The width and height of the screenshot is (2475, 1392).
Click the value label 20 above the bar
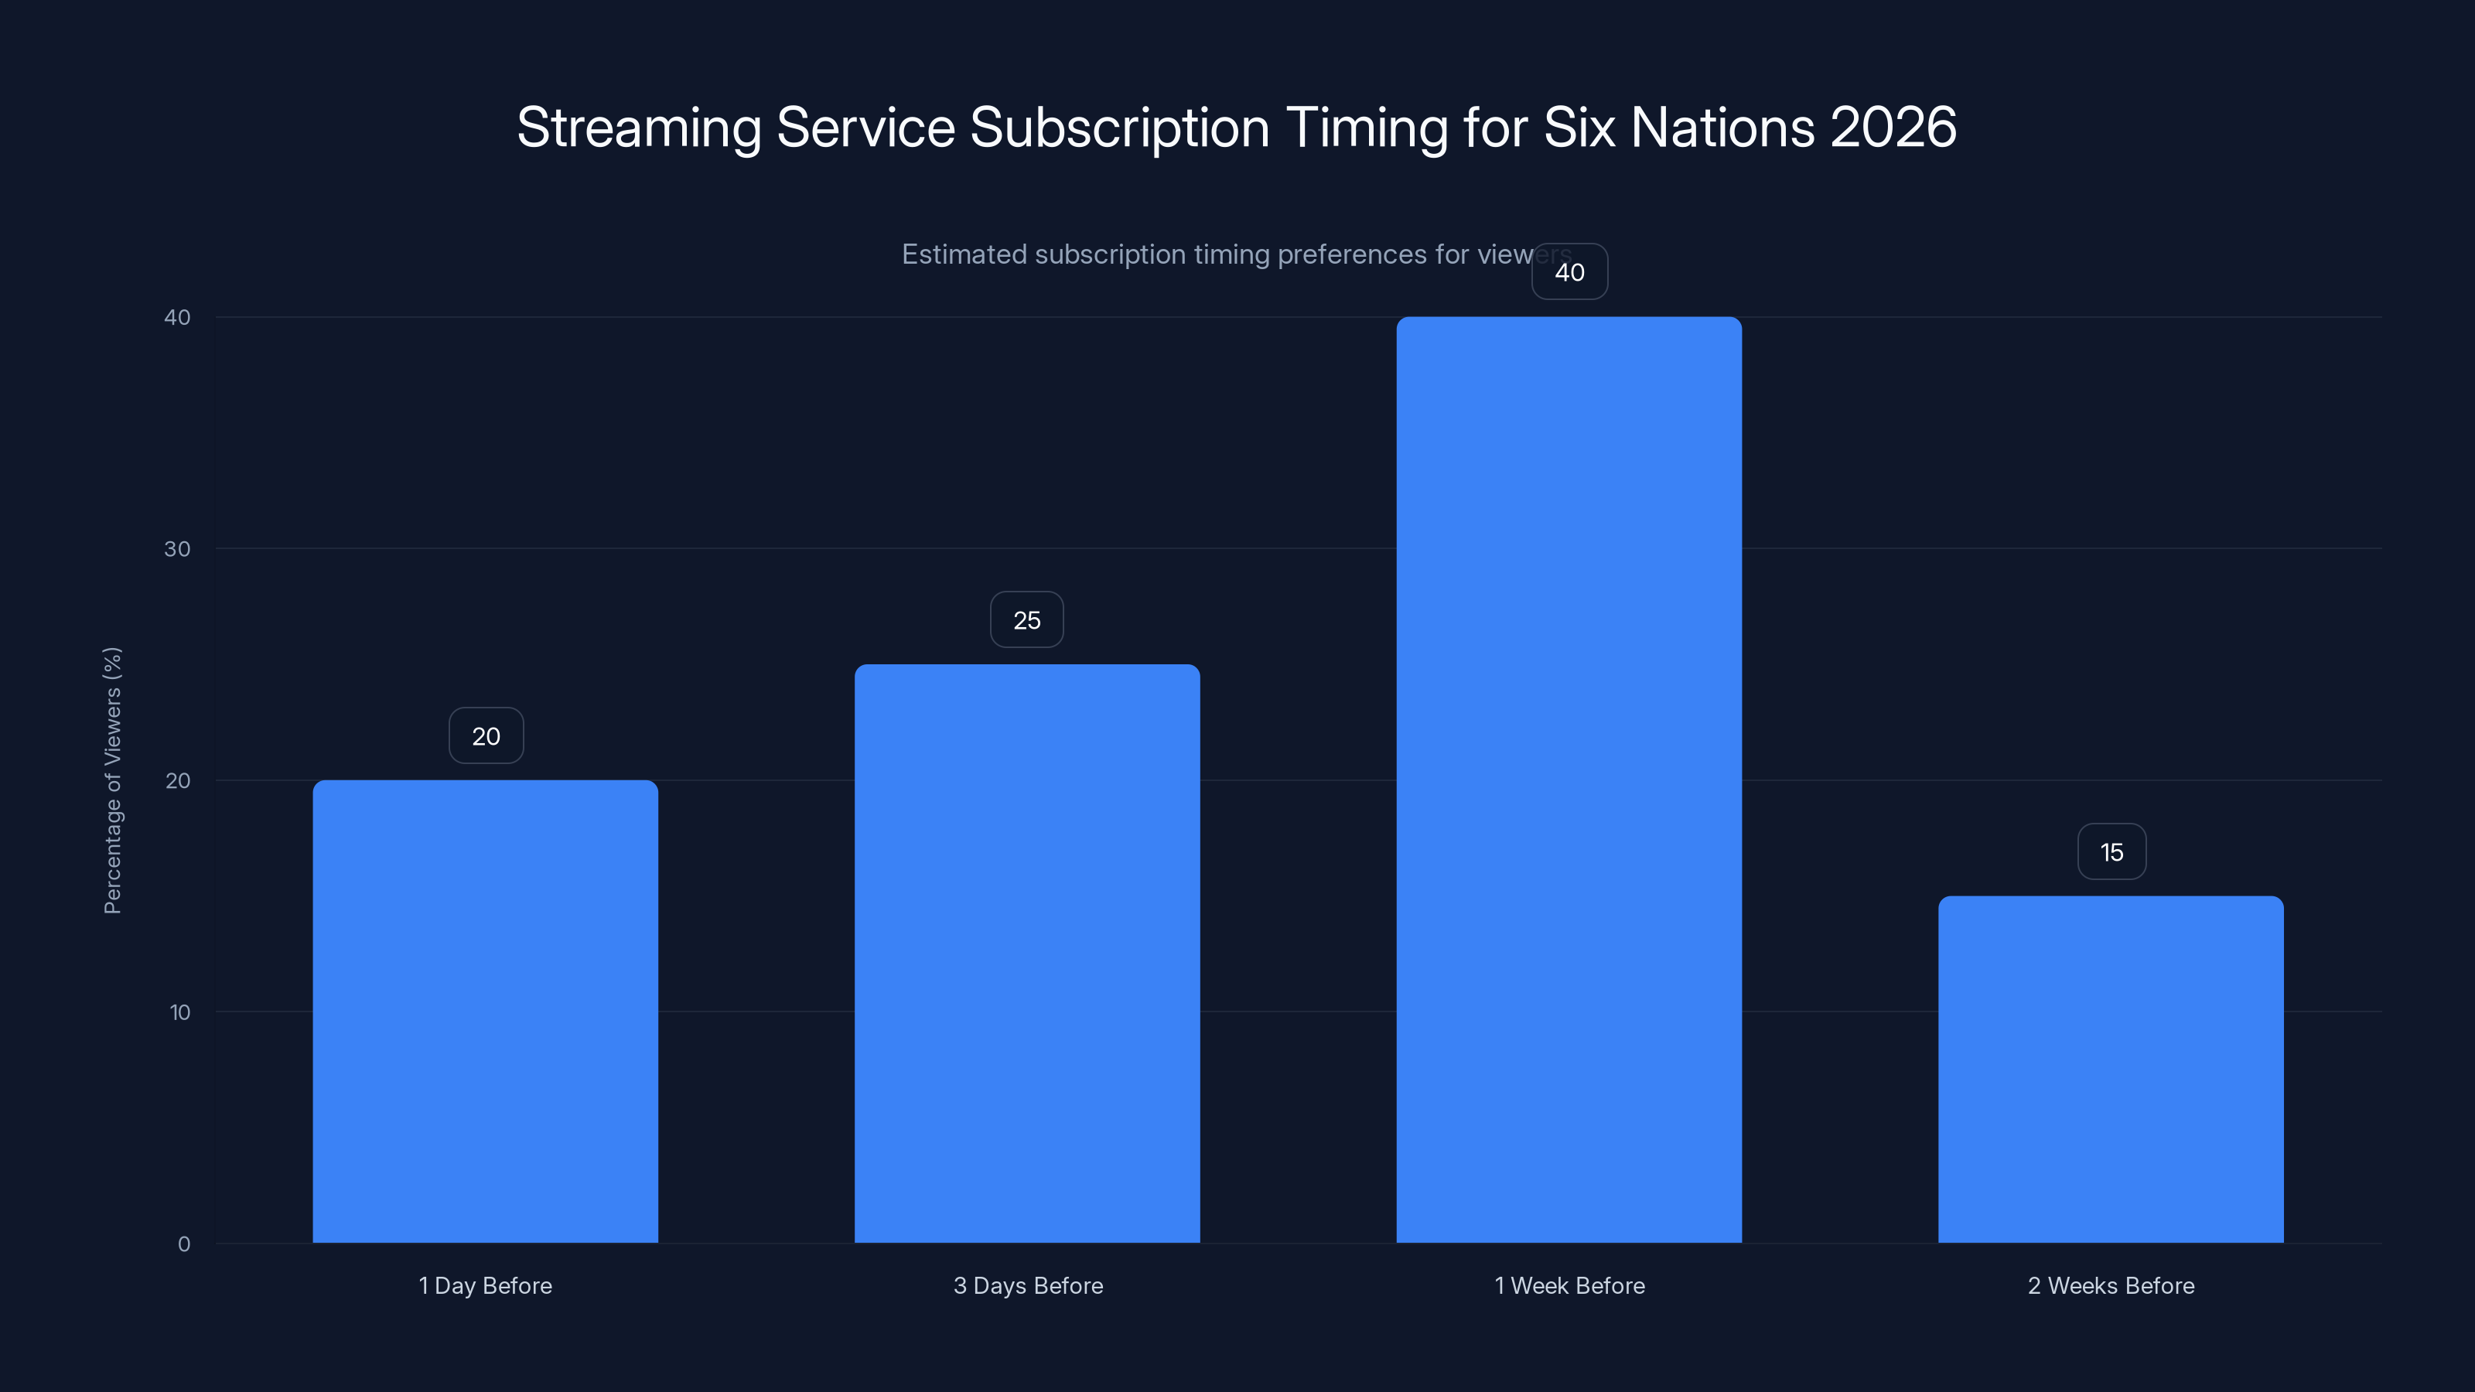click(486, 736)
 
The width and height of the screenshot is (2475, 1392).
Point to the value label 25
click(1027, 619)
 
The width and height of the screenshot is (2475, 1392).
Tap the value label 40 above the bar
click(1569, 272)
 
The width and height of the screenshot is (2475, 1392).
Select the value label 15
click(2111, 852)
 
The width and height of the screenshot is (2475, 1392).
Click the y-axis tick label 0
click(183, 1244)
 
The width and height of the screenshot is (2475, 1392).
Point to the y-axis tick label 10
click(179, 1012)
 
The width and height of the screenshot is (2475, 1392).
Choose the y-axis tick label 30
click(177, 548)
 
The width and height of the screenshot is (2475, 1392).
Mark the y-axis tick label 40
click(177, 317)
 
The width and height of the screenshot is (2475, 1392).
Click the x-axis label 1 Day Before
click(485, 1285)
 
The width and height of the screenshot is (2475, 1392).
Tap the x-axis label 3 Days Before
click(1028, 1285)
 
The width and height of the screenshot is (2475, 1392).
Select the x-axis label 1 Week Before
click(1569, 1285)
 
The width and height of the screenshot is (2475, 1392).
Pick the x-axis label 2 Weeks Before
click(2111, 1285)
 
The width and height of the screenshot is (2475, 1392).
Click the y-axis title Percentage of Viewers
click(112, 780)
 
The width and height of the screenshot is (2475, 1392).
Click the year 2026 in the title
click(1893, 127)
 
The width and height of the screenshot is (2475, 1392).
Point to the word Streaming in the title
click(639, 128)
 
